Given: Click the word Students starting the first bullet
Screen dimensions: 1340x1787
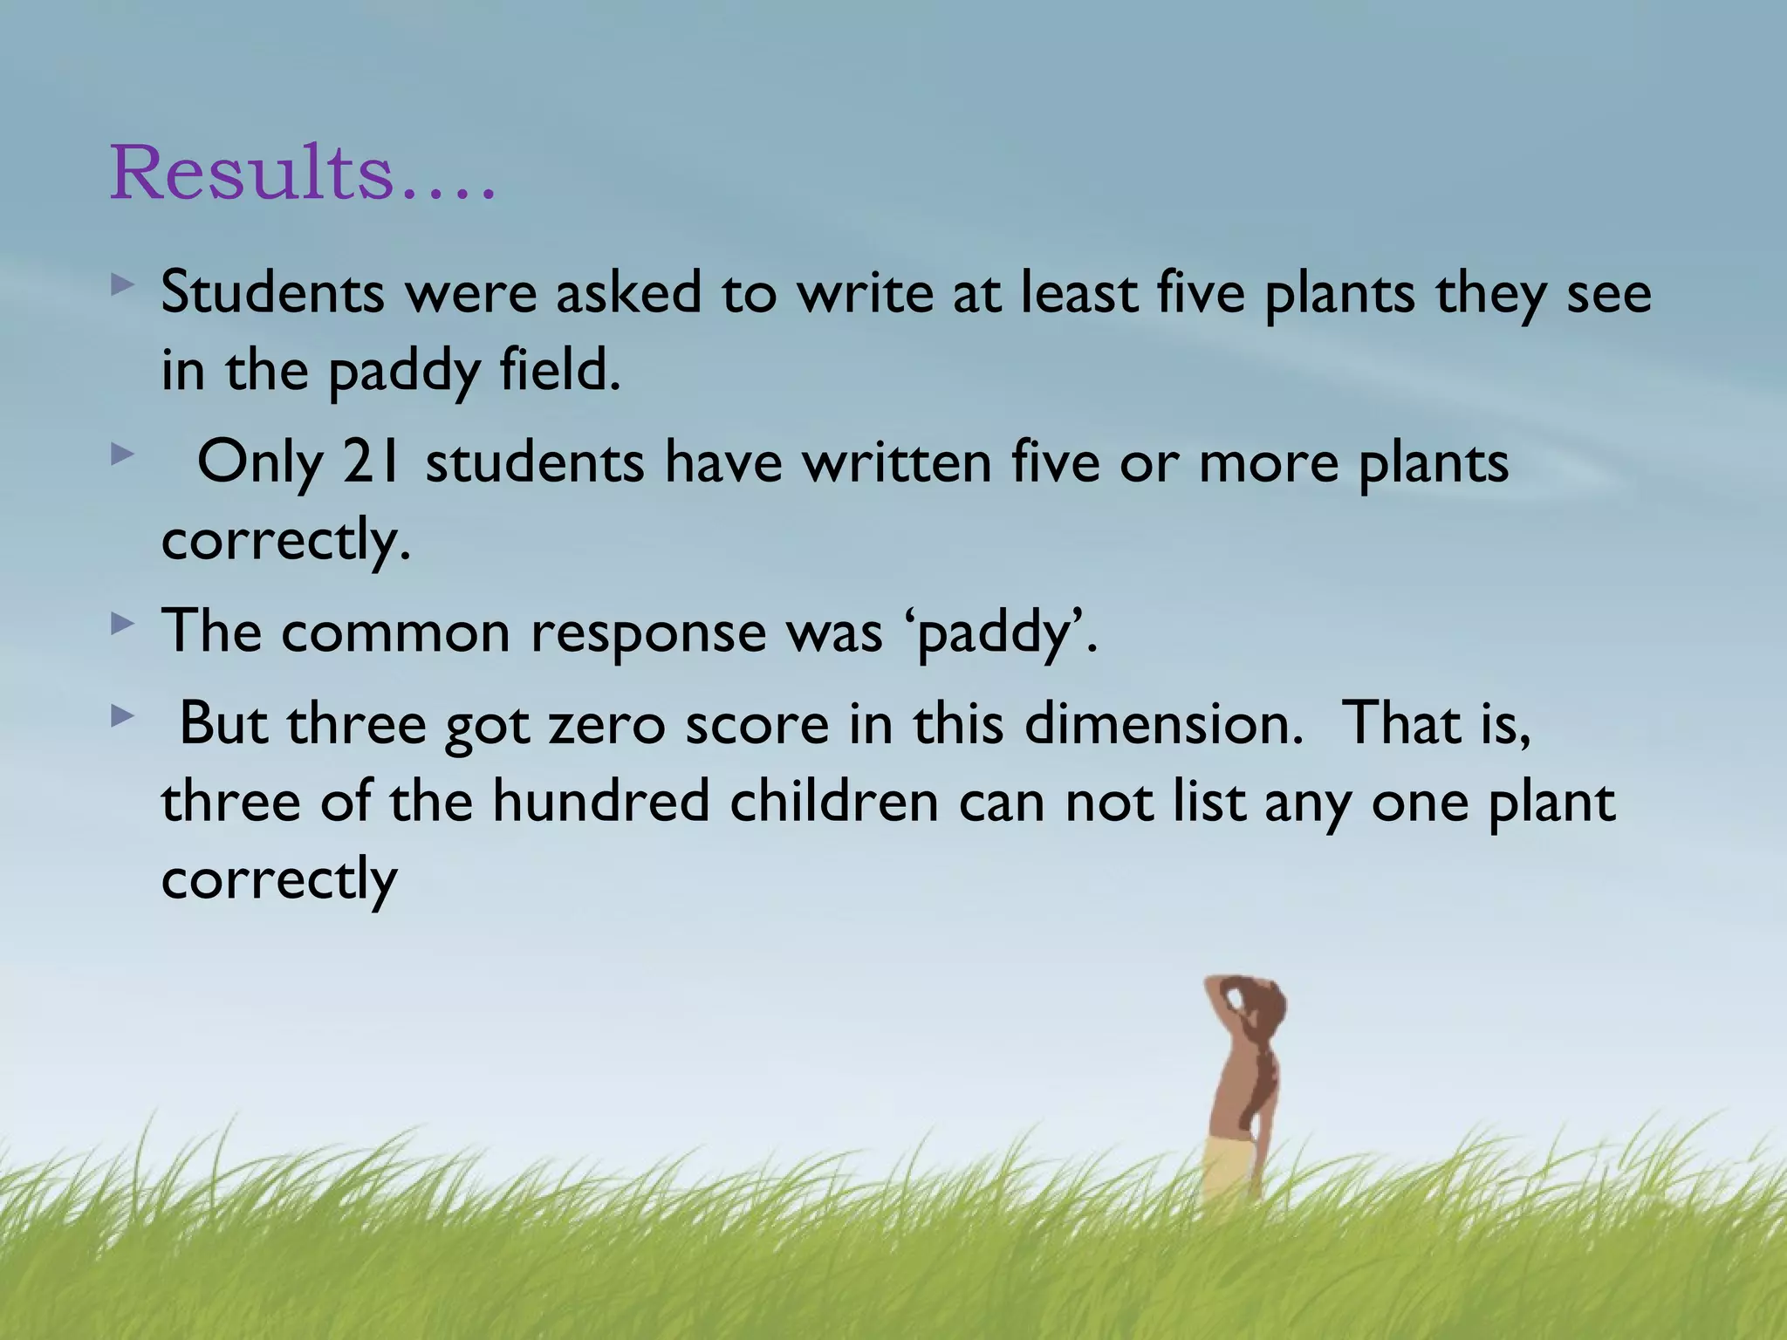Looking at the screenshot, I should point(272,292).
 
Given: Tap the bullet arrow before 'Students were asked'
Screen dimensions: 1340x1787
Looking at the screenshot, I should point(123,284).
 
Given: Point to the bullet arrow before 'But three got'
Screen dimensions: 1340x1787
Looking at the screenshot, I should point(123,717).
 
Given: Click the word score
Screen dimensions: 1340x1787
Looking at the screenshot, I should point(757,724).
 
